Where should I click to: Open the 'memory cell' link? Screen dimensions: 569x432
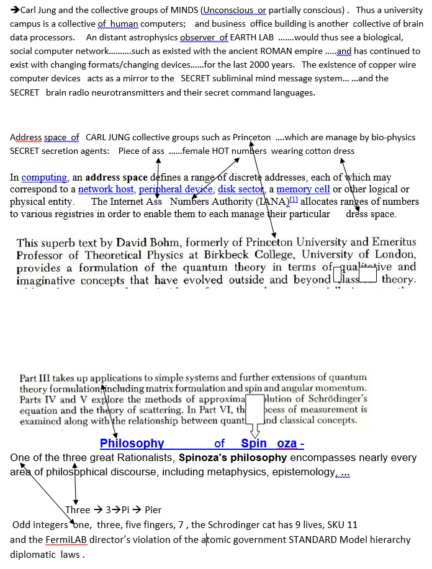303,189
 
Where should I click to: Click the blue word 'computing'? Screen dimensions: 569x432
44,177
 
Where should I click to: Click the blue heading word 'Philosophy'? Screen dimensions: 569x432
132,444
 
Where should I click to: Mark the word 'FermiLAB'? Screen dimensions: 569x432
68,540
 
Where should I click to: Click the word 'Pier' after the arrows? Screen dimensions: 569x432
153,510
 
